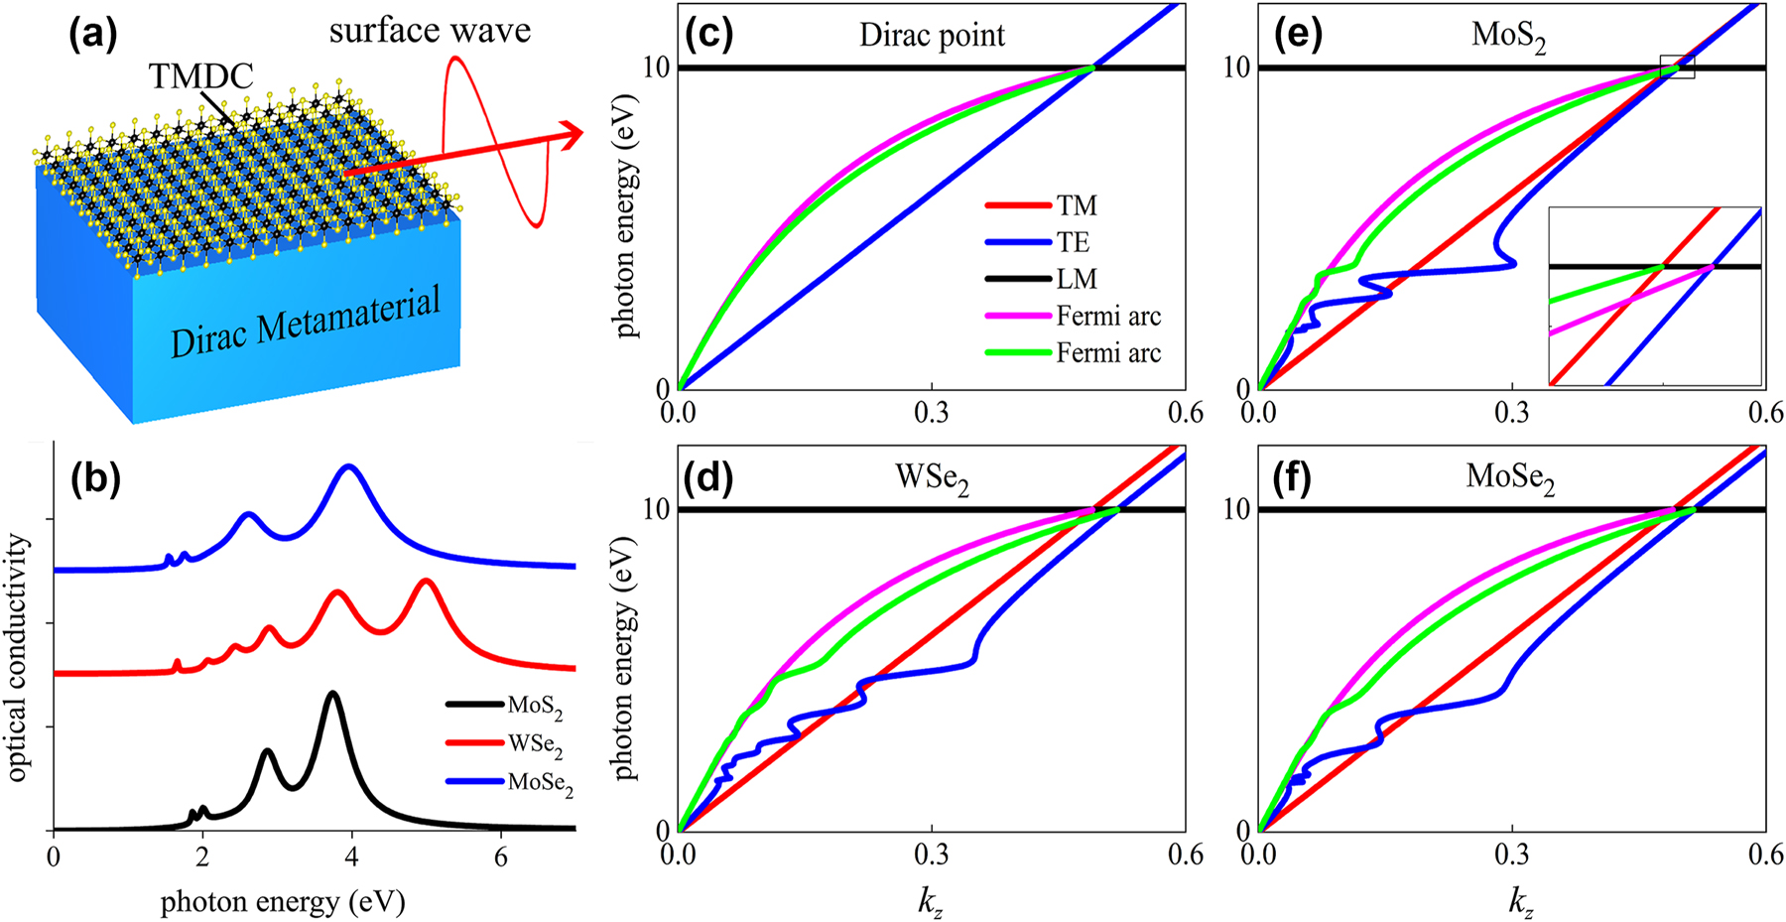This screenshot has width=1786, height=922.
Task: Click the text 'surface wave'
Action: pyautogui.click(x=430, y=31)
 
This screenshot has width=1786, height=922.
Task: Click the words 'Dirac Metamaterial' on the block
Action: pyautogui.click(x=305, y=322)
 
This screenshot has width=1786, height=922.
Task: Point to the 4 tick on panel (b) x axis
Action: pyautogui.click(x=351, y=856)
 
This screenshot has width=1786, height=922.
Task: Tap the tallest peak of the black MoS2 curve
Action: pyautogui.click(x=332, y=694)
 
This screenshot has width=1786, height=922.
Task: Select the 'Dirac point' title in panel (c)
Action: pyautogui.click(x=932, y=37)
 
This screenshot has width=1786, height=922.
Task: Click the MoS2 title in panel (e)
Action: pyautogui.click(x=1508, y=39)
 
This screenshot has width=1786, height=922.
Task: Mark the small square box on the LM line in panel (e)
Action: pyautogui.click(x=1678, y=66)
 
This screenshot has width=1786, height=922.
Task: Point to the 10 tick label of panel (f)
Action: pyautogui.click(x=1236, y=509)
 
